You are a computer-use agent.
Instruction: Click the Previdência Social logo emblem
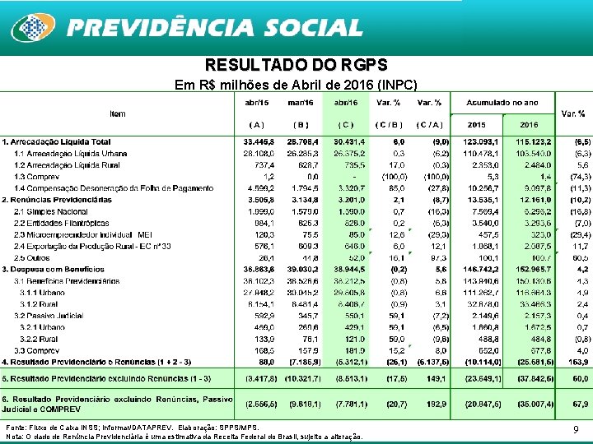31,27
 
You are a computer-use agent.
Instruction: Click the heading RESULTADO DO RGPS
296,65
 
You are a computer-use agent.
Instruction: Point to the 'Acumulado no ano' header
502,103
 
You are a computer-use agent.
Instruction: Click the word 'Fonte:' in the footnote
16,428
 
